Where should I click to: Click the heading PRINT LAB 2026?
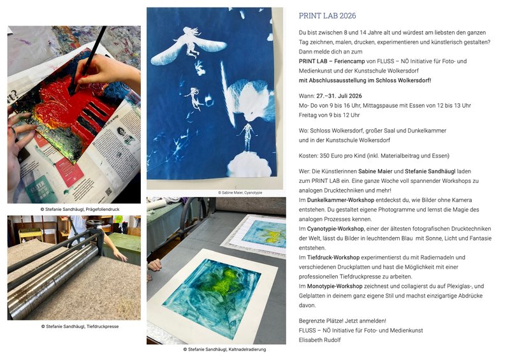click(x=327, y=16)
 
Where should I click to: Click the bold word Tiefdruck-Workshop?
click(x=331, y=257)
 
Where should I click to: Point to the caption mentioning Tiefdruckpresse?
click(x=80, y=326)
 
